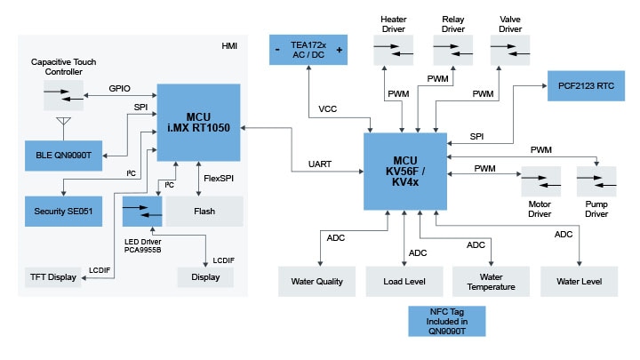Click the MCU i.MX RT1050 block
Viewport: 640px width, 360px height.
pos(199,123)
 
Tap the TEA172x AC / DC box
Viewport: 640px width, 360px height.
pos(308,50)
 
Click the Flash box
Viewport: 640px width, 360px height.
pos(205,211)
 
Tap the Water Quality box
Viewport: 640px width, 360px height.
pos(317,282)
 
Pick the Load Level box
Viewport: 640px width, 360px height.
pos(404,282)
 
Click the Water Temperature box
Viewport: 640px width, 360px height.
pos(491,282)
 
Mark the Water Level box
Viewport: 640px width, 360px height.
pos(579,282)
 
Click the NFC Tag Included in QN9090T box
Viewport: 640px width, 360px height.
pos(447,321)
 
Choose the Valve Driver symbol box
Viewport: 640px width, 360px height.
pos(509,49)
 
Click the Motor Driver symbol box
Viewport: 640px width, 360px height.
pos(540,182)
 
